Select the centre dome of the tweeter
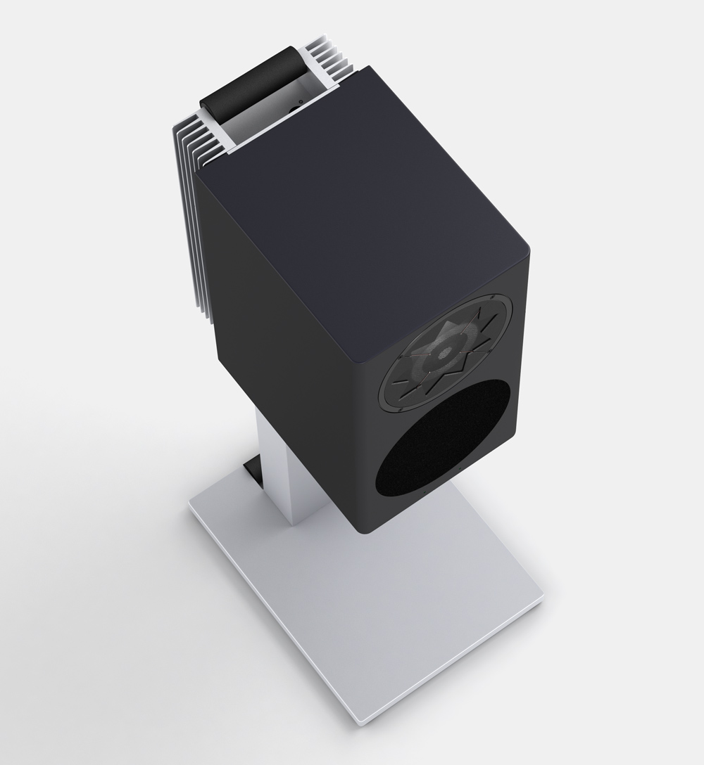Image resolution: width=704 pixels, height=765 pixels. [x=444, y=352]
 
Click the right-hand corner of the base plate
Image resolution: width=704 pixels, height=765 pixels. [x=544, y=601]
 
